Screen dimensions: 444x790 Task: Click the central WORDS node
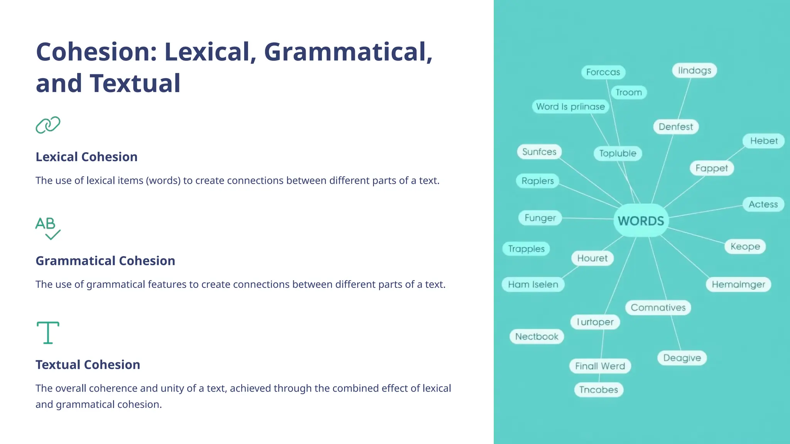641,221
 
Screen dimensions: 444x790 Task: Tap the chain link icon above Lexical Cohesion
48,125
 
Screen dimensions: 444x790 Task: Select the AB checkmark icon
48,228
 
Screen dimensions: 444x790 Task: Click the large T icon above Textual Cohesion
48,332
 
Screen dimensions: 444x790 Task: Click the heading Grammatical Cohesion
105,261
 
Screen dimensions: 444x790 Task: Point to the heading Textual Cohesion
88,365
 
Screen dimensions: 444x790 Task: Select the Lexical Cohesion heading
86,157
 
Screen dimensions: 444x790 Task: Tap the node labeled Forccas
603,72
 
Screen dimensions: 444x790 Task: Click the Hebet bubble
763,141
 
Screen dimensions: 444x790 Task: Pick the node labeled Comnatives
658,308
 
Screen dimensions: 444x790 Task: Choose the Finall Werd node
600,366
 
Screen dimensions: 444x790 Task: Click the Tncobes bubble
598,390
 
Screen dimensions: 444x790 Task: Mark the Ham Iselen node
533,284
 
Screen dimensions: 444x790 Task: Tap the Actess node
763,204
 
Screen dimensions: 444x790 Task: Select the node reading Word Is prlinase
570,107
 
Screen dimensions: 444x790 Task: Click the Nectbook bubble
537,336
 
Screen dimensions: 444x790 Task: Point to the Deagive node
682,358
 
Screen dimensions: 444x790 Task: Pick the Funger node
540,218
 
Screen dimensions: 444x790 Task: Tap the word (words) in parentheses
163,181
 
